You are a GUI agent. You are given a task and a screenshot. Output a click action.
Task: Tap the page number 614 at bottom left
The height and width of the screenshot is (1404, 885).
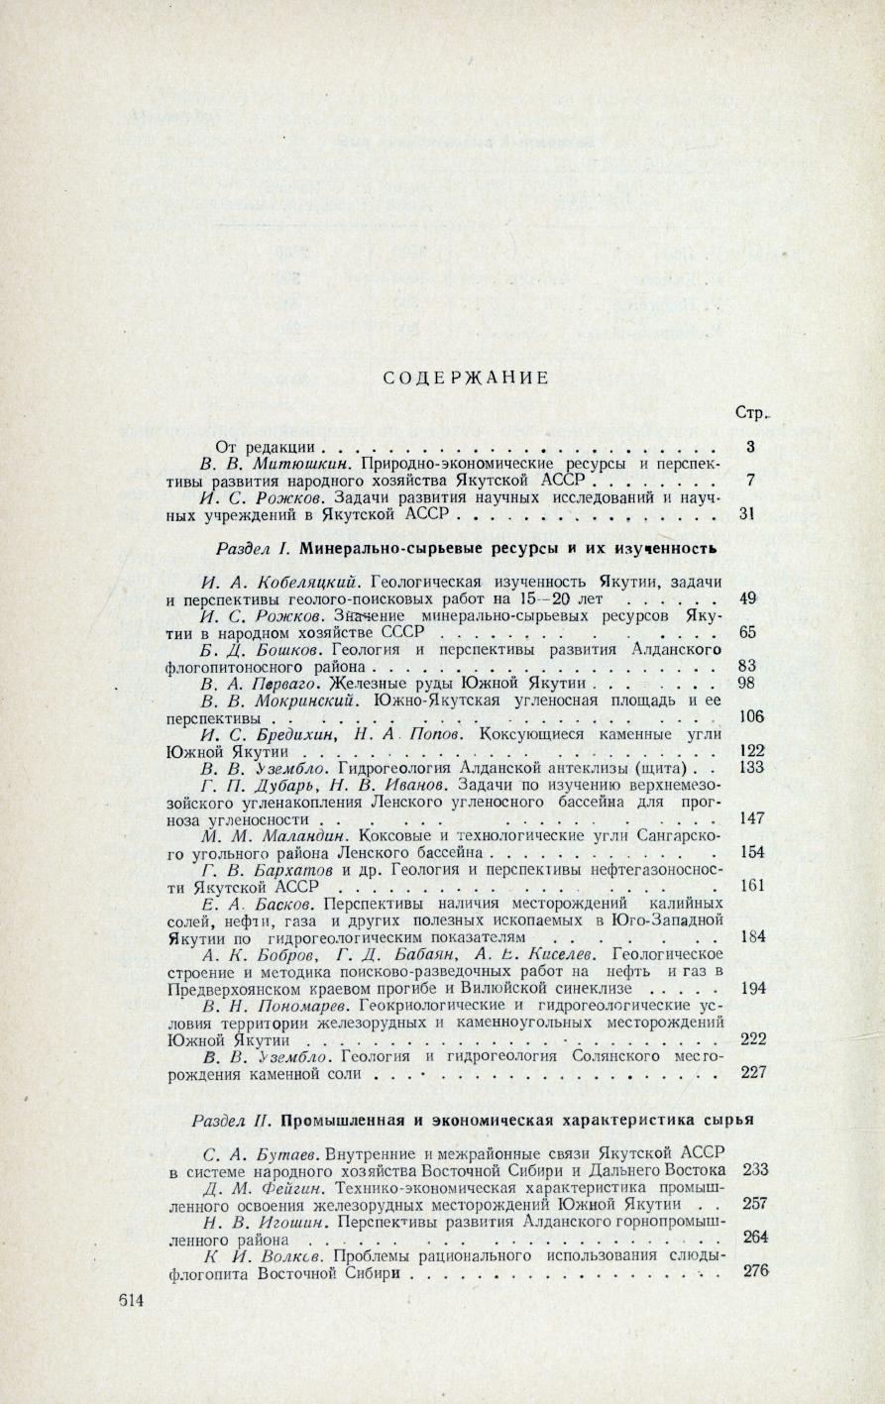coord(129,1299)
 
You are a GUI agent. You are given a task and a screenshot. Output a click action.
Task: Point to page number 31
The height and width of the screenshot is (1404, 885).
coord(749,514)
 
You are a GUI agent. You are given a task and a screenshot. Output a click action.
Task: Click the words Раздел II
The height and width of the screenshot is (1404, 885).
coord(232,1122)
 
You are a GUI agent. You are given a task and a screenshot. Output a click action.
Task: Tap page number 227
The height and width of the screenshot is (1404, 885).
coord(753,1072)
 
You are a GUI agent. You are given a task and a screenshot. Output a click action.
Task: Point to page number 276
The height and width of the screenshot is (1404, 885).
coord(755,1271)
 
